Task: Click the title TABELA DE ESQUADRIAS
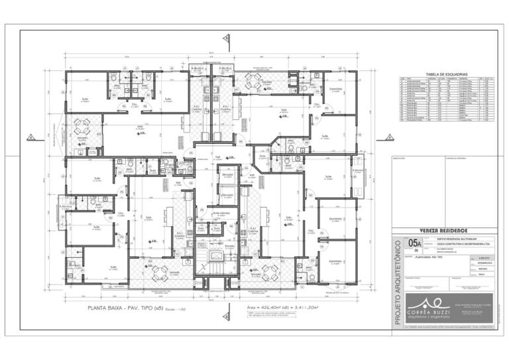tap(448, 74)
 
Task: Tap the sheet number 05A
tap(416, 243)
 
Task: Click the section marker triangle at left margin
tap(30, 138)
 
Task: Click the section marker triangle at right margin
tap(390, 138)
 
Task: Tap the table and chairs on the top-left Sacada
tap(82, 126)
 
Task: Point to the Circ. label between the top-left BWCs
tap(134, 104)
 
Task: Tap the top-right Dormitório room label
tap(335, 90)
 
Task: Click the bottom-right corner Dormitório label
tap(336, 261)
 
